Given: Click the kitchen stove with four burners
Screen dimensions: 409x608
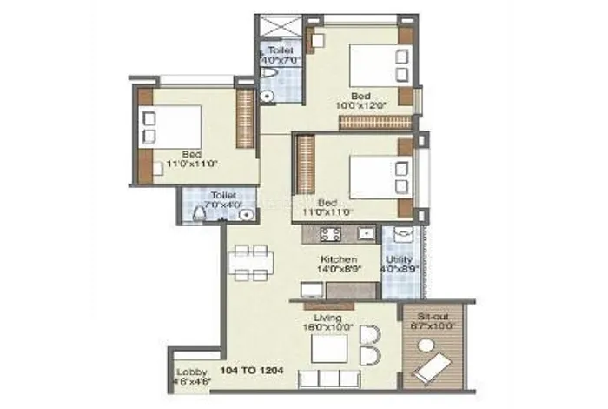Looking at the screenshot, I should (x=329, y=233).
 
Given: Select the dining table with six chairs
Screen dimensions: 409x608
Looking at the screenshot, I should (x=252, y=259).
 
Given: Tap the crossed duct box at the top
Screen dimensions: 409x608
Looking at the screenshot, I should (x=280, y=28).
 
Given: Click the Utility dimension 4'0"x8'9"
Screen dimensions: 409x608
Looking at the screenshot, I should (x=401, y=270).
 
